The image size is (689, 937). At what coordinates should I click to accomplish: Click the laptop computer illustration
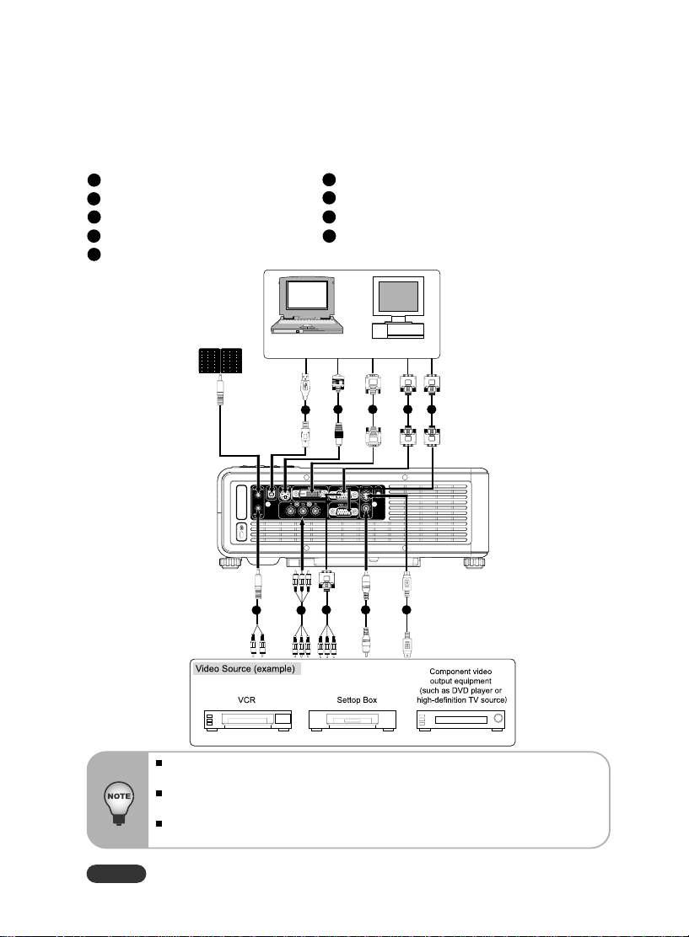point(308,305)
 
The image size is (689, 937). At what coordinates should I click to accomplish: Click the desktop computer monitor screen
point(398,297)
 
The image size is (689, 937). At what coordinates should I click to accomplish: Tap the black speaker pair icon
point(221,361)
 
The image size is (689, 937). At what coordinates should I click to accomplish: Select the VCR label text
point(246,699)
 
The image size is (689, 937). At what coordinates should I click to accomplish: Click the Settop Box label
point(357,699)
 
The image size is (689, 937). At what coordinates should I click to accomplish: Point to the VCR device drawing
point(248,720)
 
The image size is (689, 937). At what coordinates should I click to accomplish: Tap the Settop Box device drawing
point(353,720)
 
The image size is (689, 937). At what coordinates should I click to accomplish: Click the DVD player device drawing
point(460,720)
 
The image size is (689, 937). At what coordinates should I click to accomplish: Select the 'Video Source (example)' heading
point(245,669)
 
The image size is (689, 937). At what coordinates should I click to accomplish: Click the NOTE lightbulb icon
point(118,802)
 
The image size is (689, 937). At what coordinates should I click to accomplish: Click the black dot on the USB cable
point(305,410)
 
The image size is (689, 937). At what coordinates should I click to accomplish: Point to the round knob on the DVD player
point(498,718)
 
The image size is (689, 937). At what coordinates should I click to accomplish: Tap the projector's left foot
point(230,563)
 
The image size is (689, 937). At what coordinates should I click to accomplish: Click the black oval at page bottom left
point(116,873)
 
